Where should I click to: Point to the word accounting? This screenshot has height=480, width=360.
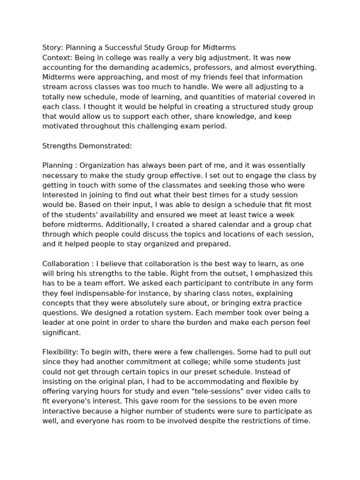pos(62,67)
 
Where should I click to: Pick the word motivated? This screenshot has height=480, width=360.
pos(61,126)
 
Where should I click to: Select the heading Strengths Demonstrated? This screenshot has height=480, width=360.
pos(87,146)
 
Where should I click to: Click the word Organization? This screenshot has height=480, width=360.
pos(103,165)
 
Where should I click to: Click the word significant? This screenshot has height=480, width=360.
pos(61,333)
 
